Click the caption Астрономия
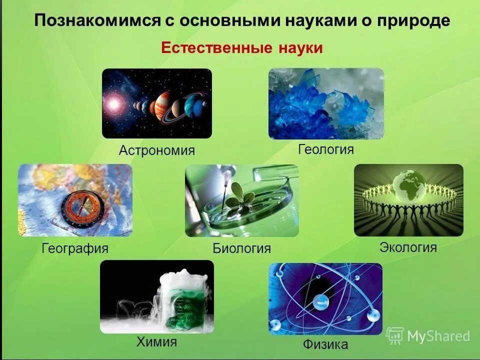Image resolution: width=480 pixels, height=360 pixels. [156, 150]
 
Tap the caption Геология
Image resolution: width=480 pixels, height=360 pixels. [326, 149]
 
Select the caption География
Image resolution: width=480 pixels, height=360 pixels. [75, 248]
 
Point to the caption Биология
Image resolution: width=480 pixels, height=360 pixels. [241, 248]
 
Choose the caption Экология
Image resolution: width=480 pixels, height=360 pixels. [408, 247]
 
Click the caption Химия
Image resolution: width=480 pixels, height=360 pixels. [156, 342]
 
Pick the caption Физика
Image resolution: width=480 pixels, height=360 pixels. [325, 344]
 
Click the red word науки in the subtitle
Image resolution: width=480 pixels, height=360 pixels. [298, 48]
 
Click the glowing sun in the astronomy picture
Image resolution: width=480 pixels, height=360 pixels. [114, 104]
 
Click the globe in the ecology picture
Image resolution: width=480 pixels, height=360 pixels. [408, 185]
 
